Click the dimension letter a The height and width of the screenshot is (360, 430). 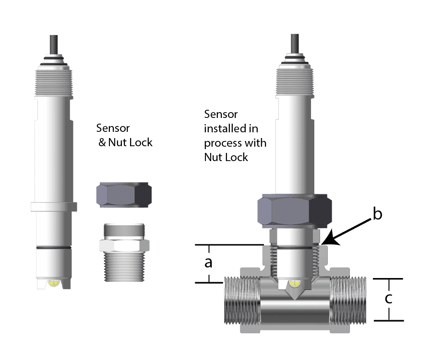209,263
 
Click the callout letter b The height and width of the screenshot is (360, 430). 377,214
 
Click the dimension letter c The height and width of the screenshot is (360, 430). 389,299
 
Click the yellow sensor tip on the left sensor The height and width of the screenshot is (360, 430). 53,284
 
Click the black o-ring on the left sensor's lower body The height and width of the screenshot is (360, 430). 53,247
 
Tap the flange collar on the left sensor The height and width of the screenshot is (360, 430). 53,207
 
